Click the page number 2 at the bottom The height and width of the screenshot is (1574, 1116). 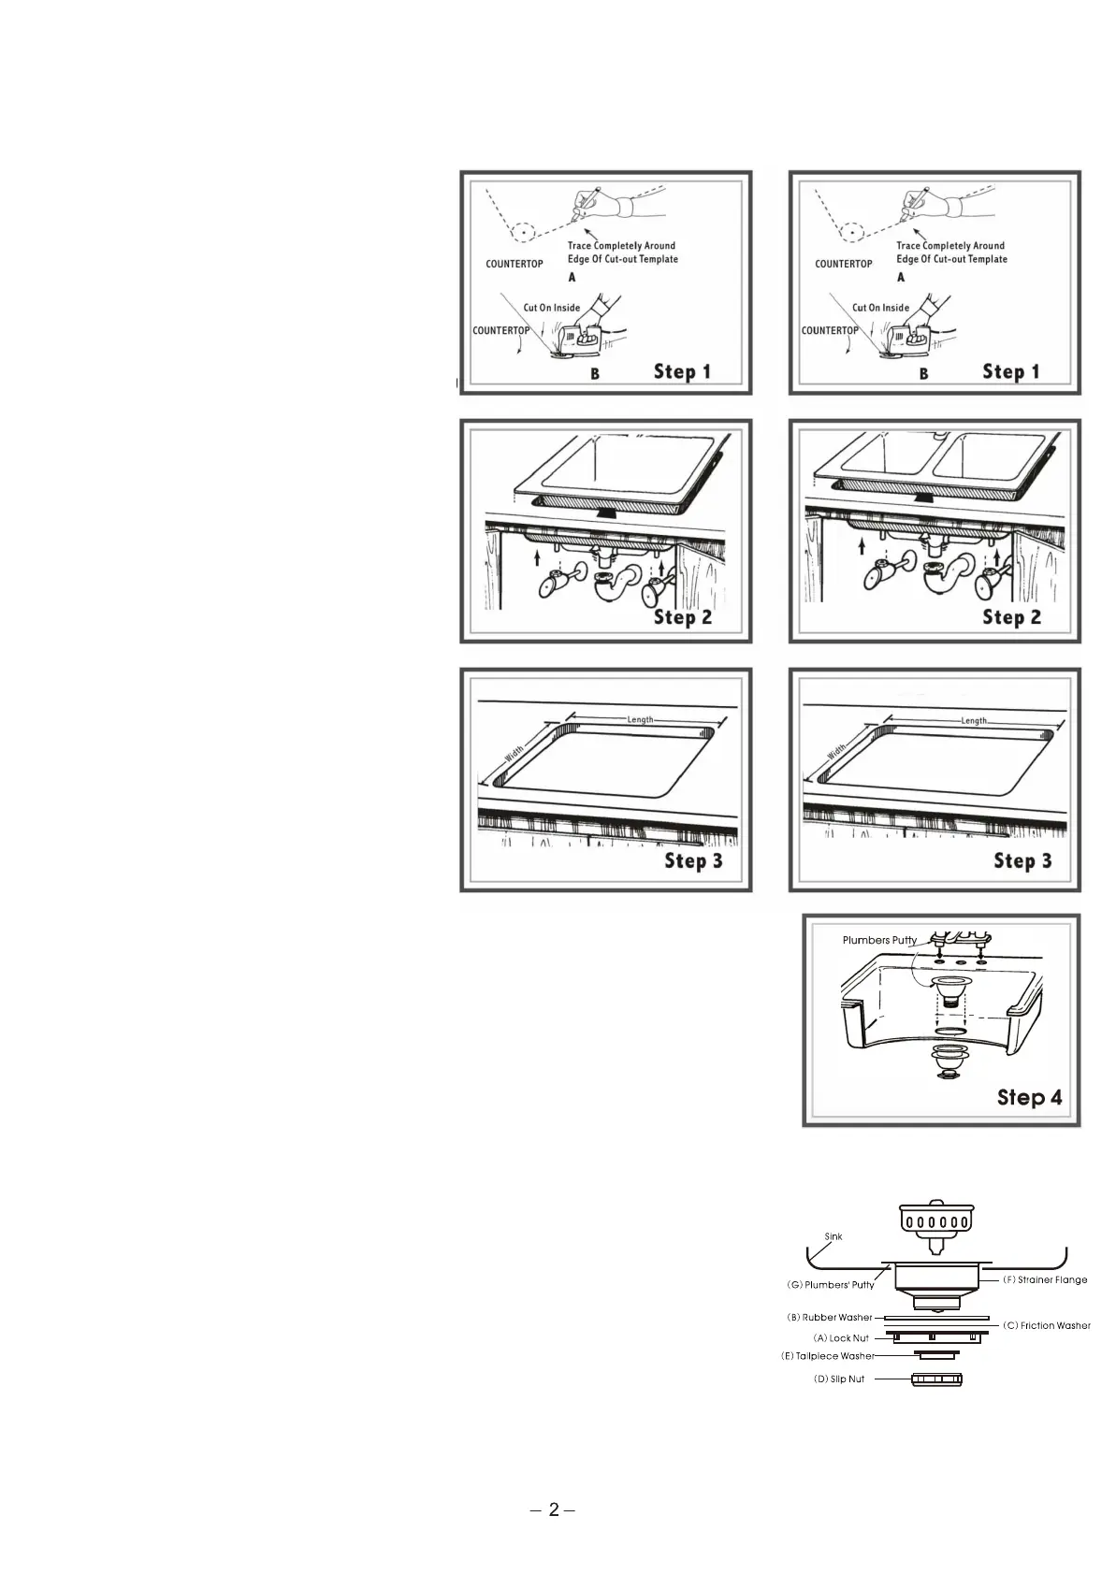(x=553, y=1509)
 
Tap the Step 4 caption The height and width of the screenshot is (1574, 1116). (x=1029, y=1096)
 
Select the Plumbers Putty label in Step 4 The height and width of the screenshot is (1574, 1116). (x=879, y=940)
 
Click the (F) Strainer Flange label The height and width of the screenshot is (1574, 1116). (x=1045, y=1279)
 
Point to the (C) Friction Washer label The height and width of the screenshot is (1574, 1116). (x=1046, y=1325)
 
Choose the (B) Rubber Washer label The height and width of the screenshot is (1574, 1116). (x=830, y=1317)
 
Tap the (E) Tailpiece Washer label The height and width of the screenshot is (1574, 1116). (x=828, y=1355)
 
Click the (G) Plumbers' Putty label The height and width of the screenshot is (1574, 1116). (x=830, y=1284)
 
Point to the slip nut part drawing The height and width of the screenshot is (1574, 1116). (x=936, y=1379)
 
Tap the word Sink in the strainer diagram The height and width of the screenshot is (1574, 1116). (x=833, y=1236)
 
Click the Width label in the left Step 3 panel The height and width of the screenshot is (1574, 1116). (x=515, y=753)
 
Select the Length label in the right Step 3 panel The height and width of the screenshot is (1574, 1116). (x=973, y=721)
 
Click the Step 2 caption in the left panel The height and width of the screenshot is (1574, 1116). (x=682, y=616)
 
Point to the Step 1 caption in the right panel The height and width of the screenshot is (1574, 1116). (x=1010, y=371)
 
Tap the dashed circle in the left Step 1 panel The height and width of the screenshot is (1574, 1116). (x=522, y=231)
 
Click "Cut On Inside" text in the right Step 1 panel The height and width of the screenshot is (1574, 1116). (x=880, y=308)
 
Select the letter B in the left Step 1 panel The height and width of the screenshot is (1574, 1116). (x=595, y=374)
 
